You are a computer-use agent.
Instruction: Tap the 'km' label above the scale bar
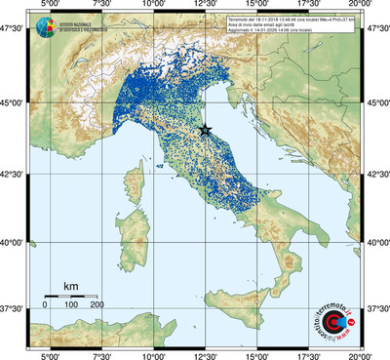click(71, 286)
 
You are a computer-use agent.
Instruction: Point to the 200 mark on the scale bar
click(98, 305)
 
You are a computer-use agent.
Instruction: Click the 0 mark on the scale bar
click(45, 305)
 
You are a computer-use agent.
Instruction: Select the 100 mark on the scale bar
click(71, 305)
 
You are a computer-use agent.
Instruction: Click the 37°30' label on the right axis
click(376, 309)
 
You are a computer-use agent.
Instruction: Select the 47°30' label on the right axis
click(376, 29)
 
